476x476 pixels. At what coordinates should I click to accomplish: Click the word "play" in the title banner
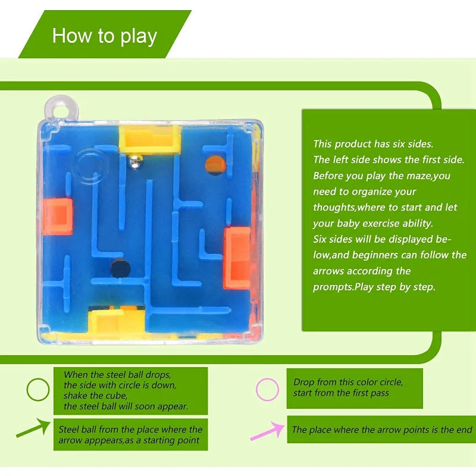(137, 36)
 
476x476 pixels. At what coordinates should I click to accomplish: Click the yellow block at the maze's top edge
(150, 138)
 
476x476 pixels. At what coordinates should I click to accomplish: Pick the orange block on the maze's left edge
(58, 216)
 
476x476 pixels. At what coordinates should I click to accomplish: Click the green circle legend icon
(38, 390)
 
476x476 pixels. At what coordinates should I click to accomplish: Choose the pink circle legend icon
(267, 390)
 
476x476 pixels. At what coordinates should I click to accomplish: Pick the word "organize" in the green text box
(373, 192)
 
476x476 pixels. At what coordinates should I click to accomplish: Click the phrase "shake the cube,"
(96, 396)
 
